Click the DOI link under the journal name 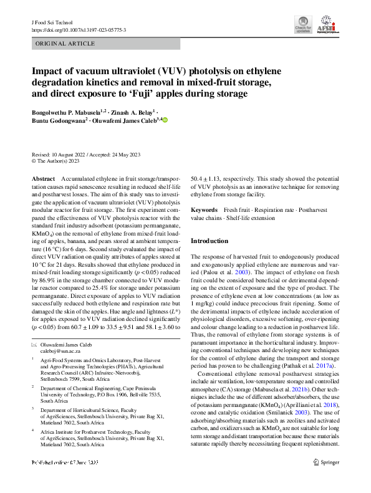(79, 30)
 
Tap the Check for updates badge (303, 27)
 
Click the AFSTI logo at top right (327, 26)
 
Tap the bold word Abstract (43, 179)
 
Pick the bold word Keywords (204, 211)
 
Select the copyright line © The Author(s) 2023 (55, 160)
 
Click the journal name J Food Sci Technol (51, 22)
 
